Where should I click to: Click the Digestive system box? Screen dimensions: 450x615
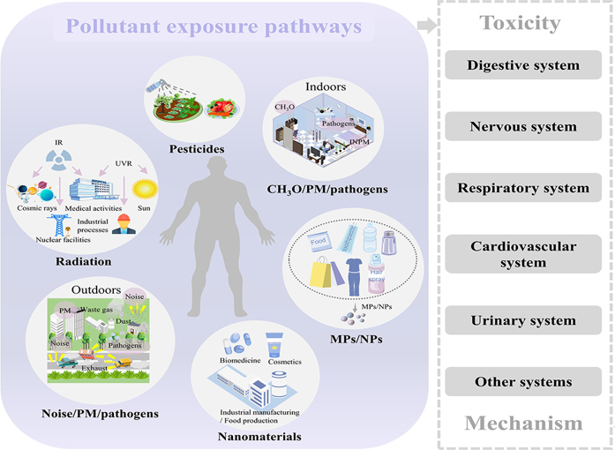click(x=523, y=65)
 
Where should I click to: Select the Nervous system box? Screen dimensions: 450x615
click(x=523, y=127)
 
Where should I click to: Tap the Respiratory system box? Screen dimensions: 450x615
click(x=523, y=188)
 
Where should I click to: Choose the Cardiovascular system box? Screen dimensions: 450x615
click(x=523, y=255)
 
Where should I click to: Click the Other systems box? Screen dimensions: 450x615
click(x=523, y=382)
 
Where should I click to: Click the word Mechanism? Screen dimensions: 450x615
click(x=523, y=424)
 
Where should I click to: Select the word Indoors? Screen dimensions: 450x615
click(x=324, y=88)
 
